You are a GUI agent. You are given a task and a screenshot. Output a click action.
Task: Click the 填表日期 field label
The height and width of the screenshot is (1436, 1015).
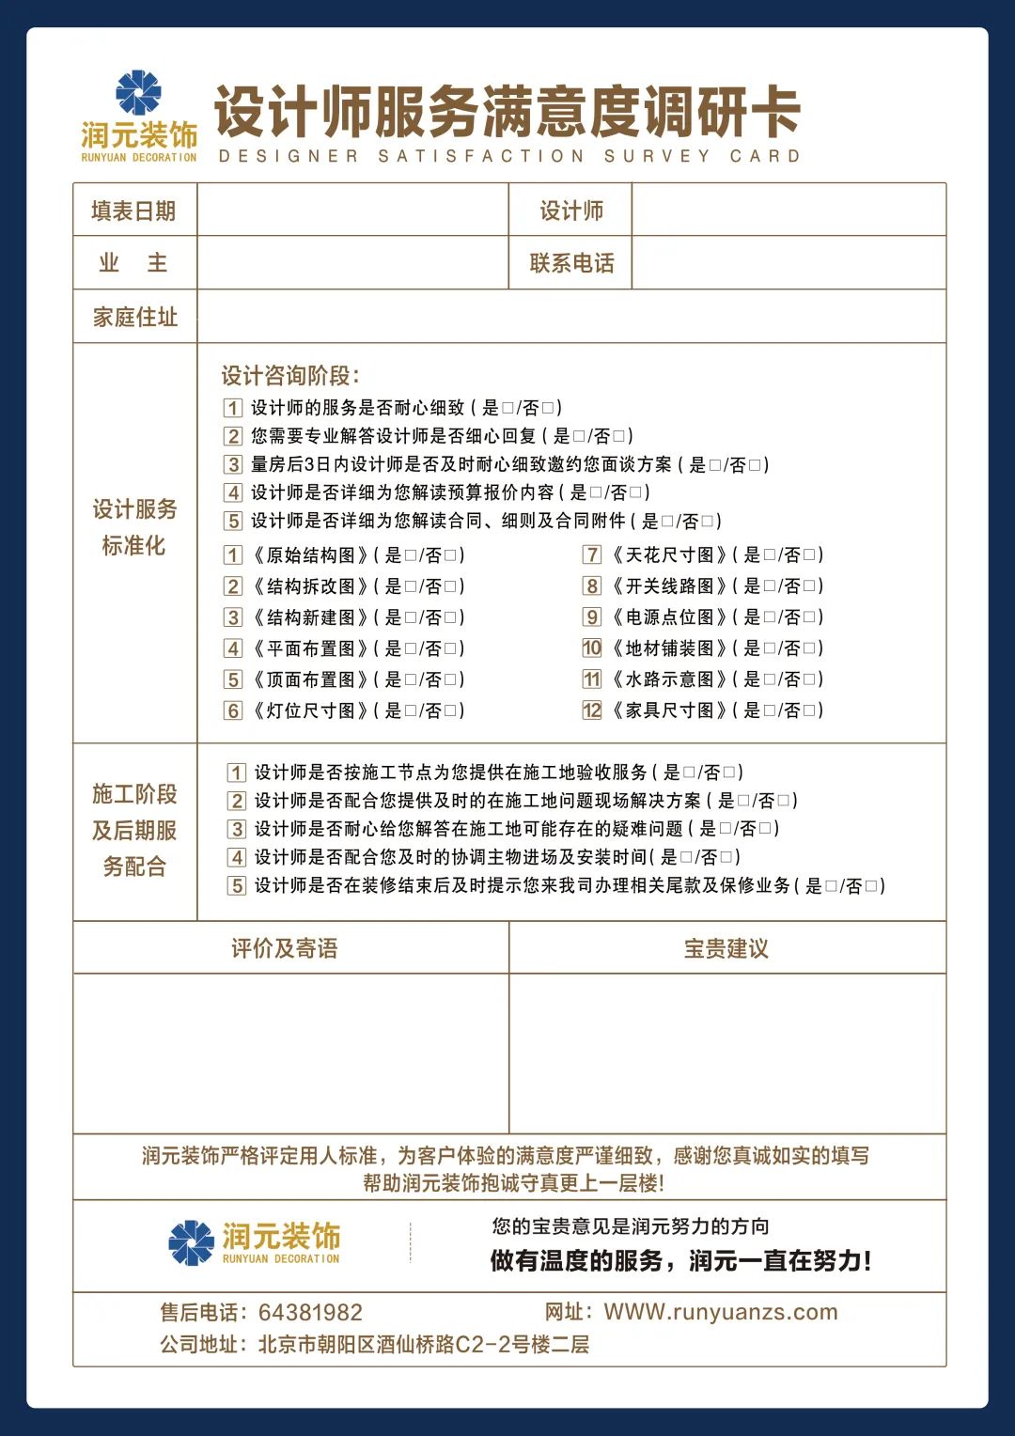click(x=133, y=211)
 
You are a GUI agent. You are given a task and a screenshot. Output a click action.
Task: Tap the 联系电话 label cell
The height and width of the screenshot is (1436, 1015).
click(x=571, y=263)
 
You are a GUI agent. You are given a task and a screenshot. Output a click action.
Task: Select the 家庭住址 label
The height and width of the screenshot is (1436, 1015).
click(x=134, y=317)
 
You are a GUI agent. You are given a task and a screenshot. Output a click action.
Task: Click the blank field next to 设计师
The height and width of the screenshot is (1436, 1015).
click(x=788, y=210)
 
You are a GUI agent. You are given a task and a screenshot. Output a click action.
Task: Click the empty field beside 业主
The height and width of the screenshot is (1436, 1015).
click(x=352, y=262)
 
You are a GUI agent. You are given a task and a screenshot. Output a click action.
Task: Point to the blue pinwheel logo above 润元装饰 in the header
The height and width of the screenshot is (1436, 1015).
click(x=138, y=92)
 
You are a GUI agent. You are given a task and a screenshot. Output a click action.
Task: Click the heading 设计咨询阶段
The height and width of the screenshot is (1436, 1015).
click(x=290, y=376)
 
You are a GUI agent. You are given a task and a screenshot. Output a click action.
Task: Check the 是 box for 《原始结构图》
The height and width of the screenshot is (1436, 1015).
click(x=410, y=555)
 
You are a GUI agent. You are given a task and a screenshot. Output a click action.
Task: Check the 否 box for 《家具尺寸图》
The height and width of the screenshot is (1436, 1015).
click(x=810, y=710)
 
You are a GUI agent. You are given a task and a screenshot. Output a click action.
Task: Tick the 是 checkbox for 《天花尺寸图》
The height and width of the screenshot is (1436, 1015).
click(x=770, y=555)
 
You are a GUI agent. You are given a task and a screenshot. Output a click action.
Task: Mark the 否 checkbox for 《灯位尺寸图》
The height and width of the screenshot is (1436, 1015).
click(x=451, y=710)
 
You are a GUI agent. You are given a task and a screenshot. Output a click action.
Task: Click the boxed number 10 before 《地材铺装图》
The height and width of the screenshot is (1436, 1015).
click(x=592, y=648)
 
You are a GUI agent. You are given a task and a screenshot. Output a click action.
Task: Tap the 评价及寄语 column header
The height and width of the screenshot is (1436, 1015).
click(x=284, y=948)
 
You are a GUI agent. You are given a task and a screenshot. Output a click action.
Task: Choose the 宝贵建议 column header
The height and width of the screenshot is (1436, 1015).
click(x=726, y=948)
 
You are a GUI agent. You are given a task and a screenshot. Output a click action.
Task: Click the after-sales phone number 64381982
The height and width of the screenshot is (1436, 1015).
click(x=310, y=1313)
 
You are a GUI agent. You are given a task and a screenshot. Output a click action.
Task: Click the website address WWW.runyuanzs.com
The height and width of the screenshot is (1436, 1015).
click(x=720, y=1312)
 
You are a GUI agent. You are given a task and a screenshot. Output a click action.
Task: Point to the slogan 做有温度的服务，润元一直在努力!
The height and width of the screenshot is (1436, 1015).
click(x=680, y=1261)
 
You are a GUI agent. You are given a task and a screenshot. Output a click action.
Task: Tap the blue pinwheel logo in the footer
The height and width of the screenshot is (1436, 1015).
click(x=192, y=1242)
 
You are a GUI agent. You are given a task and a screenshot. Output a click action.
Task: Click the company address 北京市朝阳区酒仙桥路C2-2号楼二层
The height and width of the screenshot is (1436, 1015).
click(x=423, y=1345)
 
